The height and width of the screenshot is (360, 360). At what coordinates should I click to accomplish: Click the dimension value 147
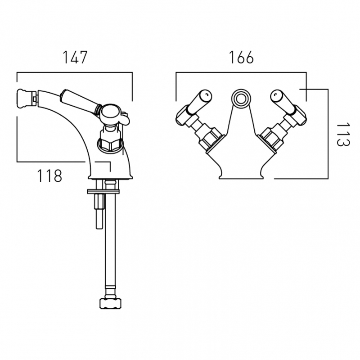coord(75,57)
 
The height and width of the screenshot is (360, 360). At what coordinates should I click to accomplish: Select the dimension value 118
coord(49,176)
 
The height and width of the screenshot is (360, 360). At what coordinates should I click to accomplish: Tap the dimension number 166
coord(241,57)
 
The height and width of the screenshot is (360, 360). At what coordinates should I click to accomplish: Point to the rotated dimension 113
coord(343,134)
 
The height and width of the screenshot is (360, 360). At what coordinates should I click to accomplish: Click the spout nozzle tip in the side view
coord(27,99)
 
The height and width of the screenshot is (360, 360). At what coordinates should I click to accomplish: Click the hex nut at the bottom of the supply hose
coord(110,303)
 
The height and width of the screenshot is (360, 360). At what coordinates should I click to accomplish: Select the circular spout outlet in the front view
coord(241,99)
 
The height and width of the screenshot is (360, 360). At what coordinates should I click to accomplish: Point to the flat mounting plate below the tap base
coord(103,191)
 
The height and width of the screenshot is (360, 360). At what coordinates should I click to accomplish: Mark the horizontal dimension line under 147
coord(75,72)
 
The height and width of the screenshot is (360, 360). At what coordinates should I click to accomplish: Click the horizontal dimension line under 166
coord(241,72)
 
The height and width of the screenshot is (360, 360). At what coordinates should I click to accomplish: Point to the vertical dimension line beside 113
coord(328,134)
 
